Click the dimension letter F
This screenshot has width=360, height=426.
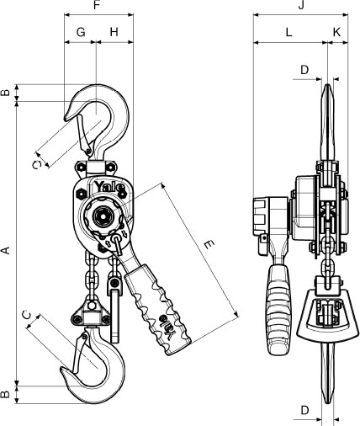point(97,5)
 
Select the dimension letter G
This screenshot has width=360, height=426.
point(81,32)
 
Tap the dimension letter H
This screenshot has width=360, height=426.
point(114,32)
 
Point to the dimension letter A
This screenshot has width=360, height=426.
point(6,250)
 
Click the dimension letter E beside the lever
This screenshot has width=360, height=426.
point(209,245)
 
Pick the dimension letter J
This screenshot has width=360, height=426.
point(301,5)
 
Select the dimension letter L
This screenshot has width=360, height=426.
point(289,32)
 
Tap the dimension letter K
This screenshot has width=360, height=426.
point(336,32)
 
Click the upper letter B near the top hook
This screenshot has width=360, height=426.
point(6,93)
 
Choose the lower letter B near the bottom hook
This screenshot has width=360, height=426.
point(6,394)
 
